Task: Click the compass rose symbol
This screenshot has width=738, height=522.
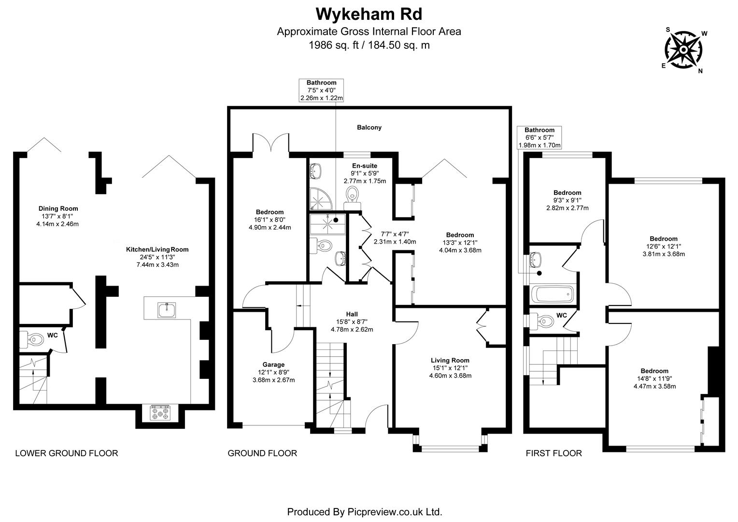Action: [684, 50]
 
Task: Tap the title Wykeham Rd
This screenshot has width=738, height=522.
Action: [369, 14]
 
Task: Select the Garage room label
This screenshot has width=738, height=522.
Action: [273, 364]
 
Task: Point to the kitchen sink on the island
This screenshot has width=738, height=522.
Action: [167, 309]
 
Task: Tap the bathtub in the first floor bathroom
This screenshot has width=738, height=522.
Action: [552, 294]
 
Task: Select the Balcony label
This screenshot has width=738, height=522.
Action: [369, 128]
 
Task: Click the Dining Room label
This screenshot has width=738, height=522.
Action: [58, 209]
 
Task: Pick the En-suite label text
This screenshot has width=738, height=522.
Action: [365, 166]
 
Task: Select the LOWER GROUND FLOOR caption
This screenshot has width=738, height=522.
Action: [67, 453]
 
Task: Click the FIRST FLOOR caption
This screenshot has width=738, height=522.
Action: [553, 453]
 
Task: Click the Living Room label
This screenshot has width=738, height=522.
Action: [450, 360]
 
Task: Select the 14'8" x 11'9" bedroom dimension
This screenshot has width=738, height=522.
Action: [654, 379]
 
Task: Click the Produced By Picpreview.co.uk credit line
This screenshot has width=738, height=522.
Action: [365, 511]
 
